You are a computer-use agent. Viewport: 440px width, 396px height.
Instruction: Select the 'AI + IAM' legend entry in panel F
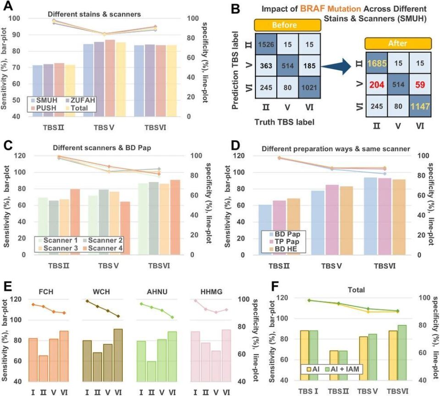click(342, 368)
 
